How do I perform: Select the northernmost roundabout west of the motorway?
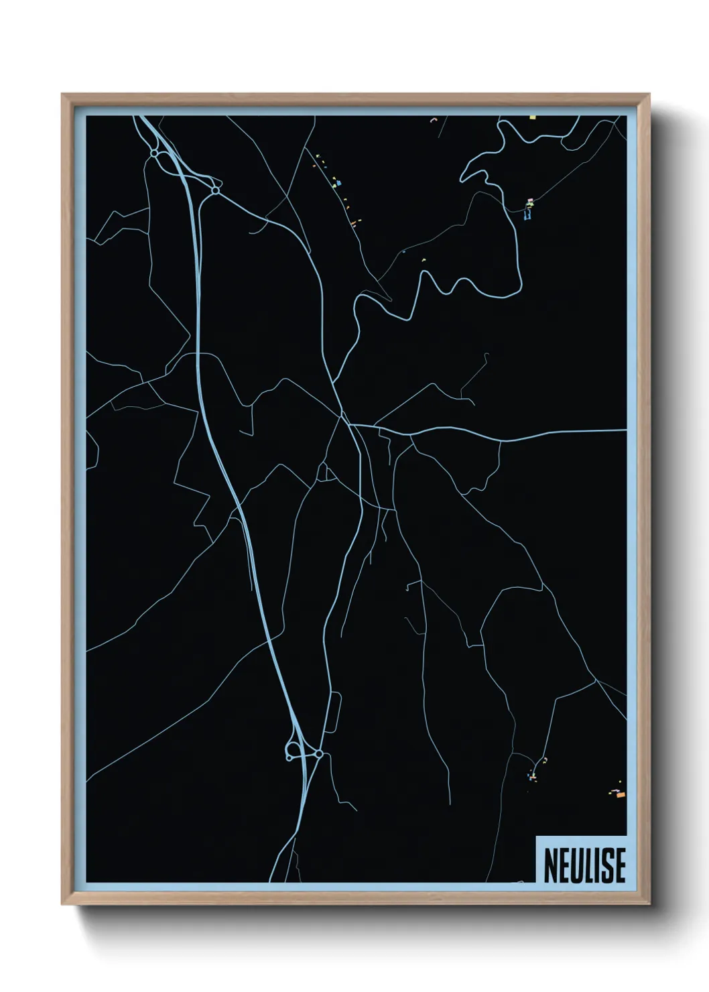point(154,153)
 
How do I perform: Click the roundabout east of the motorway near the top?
point(215,191)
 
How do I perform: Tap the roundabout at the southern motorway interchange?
point(320,755)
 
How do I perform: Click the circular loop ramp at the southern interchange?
point(293,751)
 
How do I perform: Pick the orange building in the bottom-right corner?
point(621,795)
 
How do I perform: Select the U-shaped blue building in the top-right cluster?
point(527,216)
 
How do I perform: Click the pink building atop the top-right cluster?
point(529,200)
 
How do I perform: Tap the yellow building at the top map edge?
point(532,117)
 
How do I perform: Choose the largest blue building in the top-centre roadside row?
point(338,182)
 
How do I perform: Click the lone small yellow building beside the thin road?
point(424,258)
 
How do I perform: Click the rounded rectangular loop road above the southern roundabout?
point(332,714)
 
